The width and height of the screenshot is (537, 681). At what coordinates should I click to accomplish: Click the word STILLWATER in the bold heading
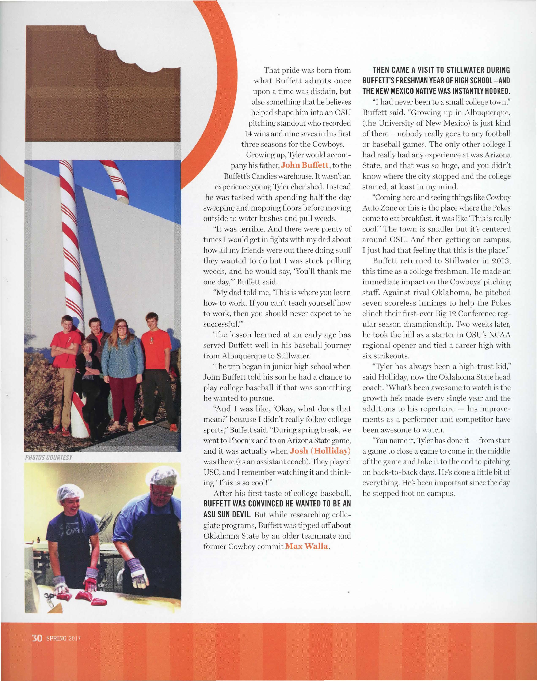(x=450, y=70)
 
